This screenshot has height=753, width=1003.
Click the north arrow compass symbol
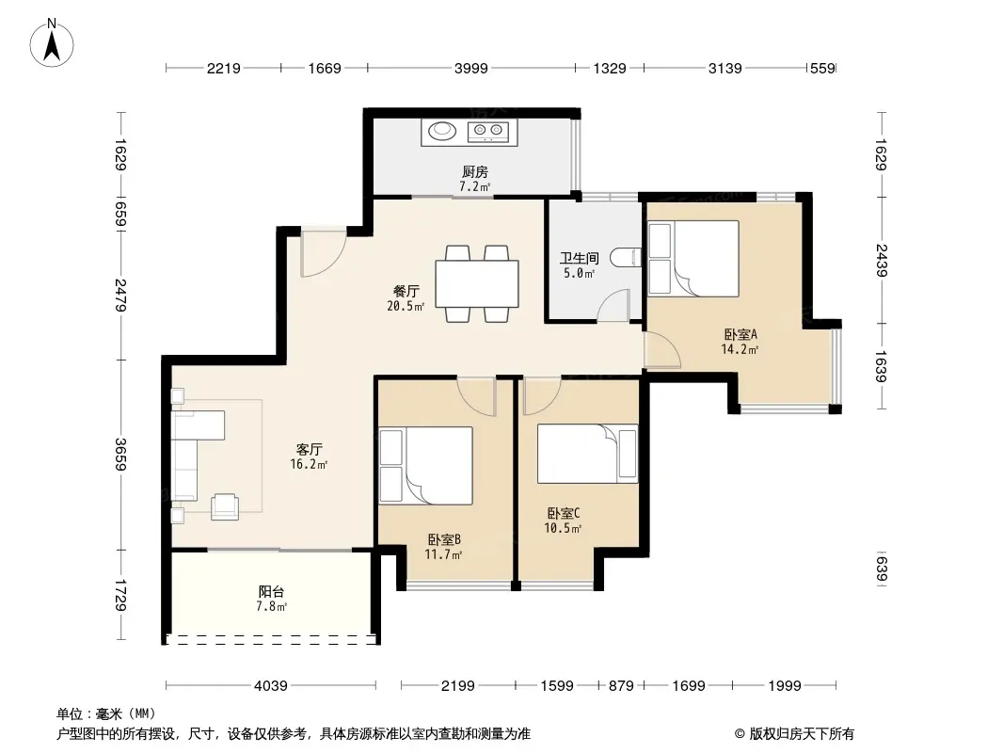coord(52,43)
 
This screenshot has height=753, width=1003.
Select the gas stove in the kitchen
coord(488,132)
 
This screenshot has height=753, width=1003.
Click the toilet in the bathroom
coord(626,258)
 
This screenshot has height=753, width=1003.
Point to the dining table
coord(477,283)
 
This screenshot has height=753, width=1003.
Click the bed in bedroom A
coord(693,259)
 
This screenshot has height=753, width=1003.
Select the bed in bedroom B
coord(426,466)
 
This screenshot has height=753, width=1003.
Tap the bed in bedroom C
coord(587,454)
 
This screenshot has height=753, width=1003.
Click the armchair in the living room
coord(225,506)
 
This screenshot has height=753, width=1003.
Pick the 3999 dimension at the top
coord(470,68)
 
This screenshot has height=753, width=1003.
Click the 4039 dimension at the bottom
coord(271,686)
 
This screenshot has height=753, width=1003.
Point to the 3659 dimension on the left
coord(120,455)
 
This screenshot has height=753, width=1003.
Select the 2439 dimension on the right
coord(881,260)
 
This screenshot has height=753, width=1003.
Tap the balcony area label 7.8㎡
coord(271,606)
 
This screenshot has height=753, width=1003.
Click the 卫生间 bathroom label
coord(580,258)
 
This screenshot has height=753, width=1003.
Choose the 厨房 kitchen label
coord(474,171)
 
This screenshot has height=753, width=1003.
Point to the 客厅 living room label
coord(309,449)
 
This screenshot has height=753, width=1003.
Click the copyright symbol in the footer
coord(740,734)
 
